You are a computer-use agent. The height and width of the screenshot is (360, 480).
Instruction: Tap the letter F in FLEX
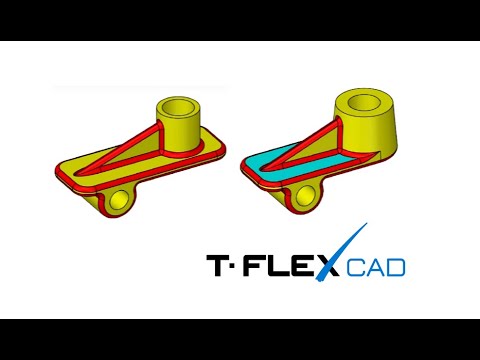pyautogui.click(x=262, y=266)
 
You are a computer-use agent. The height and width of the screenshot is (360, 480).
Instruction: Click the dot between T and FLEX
pyautogui.click(x=241, y=266)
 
